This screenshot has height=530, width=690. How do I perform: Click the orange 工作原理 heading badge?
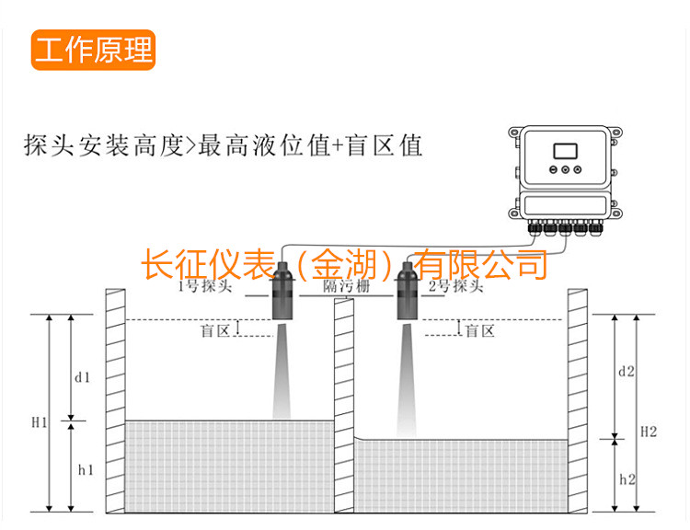click(93, 51)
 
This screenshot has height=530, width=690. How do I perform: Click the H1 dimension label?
click(39, 422)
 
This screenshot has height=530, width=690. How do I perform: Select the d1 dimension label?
click(83, 377)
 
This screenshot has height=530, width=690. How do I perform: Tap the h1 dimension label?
click(86, 469)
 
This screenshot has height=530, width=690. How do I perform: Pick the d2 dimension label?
click(627, 372)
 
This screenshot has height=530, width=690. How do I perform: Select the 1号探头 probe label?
click(204, 286)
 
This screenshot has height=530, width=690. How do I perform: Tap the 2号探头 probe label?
click(454, 286)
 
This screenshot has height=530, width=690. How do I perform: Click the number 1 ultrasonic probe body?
click(282, 294)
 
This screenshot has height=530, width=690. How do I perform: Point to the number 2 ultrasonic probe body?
click(407, 294)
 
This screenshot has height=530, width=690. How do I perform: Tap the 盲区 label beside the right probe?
click(479, 330)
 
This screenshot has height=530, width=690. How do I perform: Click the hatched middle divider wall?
click(344, 405)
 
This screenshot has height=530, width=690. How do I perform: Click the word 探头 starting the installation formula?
click(48, 144)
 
